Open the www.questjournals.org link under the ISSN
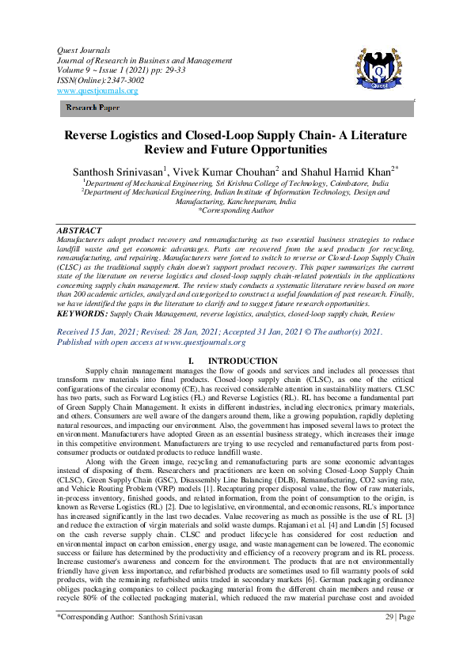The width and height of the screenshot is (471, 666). click(x=97, y=90)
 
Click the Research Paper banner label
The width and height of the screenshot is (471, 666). click(x=93, y=108)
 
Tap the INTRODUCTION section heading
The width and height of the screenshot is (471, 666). click(x=241, y=361)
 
